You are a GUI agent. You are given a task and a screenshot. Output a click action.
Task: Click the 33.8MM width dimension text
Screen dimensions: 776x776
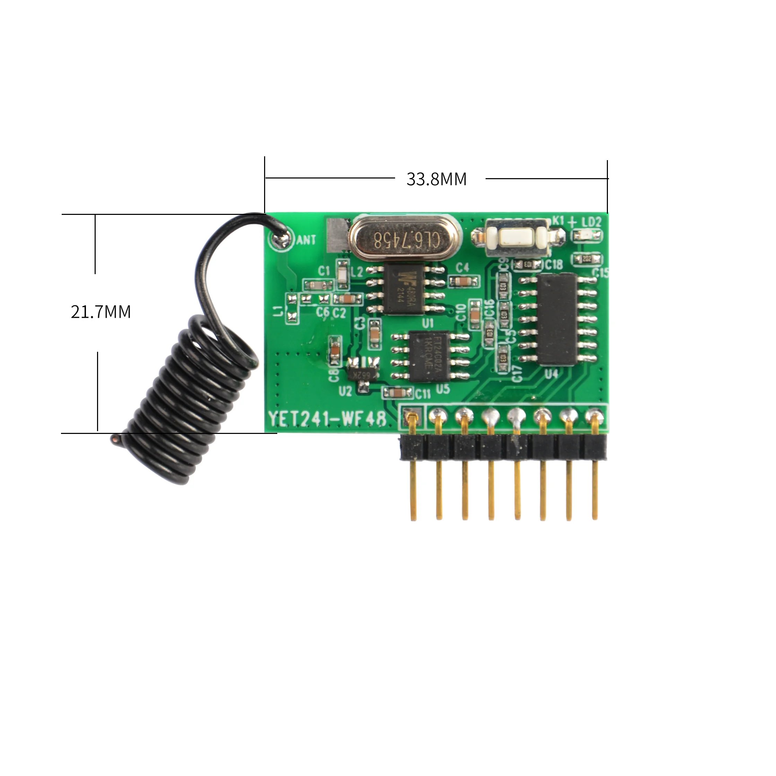(x=436, y=179)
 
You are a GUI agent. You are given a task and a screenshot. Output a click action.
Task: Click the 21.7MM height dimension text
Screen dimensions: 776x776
(x=101, y=312)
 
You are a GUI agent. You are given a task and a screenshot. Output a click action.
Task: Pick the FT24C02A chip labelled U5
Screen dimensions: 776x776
(x=429, y=356)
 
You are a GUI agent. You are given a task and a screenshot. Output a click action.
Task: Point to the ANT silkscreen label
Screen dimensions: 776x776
(x=306, y=240)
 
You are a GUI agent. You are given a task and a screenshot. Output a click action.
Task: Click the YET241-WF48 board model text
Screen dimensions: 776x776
(x=327, y=419)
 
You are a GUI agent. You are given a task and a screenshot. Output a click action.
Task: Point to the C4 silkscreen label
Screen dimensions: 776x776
(x=462, y=268)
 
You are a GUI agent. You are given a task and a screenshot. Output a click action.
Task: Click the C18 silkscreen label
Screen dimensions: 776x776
(x=554, y=264)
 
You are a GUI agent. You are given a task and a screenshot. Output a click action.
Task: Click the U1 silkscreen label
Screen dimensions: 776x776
(x=428, y=323)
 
